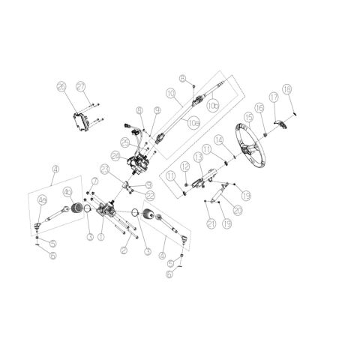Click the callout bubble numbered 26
[61, 87]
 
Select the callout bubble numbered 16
[259, 108]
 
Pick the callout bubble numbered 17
[274, 98]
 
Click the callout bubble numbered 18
[287, 88]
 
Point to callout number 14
[218, 140]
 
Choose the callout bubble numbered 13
[199, 157]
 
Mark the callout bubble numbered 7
[94, 181]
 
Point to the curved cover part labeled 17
[277, 124]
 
